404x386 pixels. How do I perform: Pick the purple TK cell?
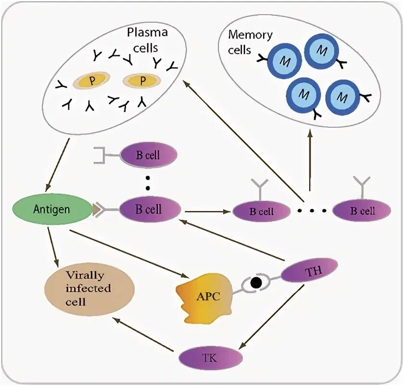210,358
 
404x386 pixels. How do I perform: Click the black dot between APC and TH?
256,283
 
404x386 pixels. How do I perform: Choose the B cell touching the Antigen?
150,210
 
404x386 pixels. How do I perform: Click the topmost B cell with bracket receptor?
148,155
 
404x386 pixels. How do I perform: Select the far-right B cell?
362,211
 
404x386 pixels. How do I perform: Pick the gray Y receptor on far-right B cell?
362,186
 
